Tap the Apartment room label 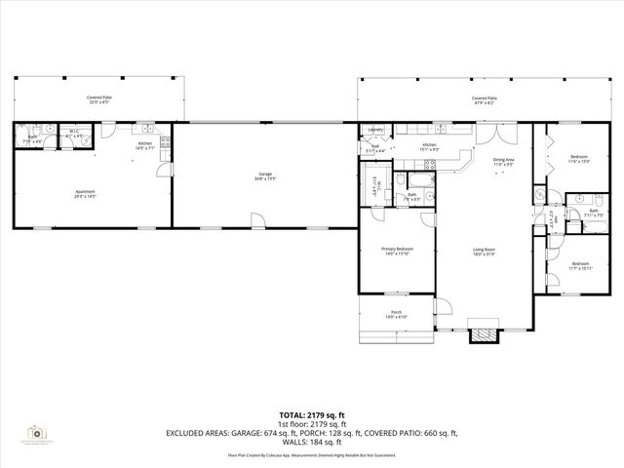coord(85,193)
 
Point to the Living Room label coord(485,252)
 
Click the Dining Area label coord(503,161)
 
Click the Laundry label coord(374,130)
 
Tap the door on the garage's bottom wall coord(255,220)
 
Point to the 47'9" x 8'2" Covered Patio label coord(485,100)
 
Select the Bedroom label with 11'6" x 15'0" coord(579,158)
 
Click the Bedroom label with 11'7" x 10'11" coord(579,265)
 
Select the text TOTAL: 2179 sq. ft coord(312,414)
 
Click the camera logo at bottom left coord(36,432)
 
